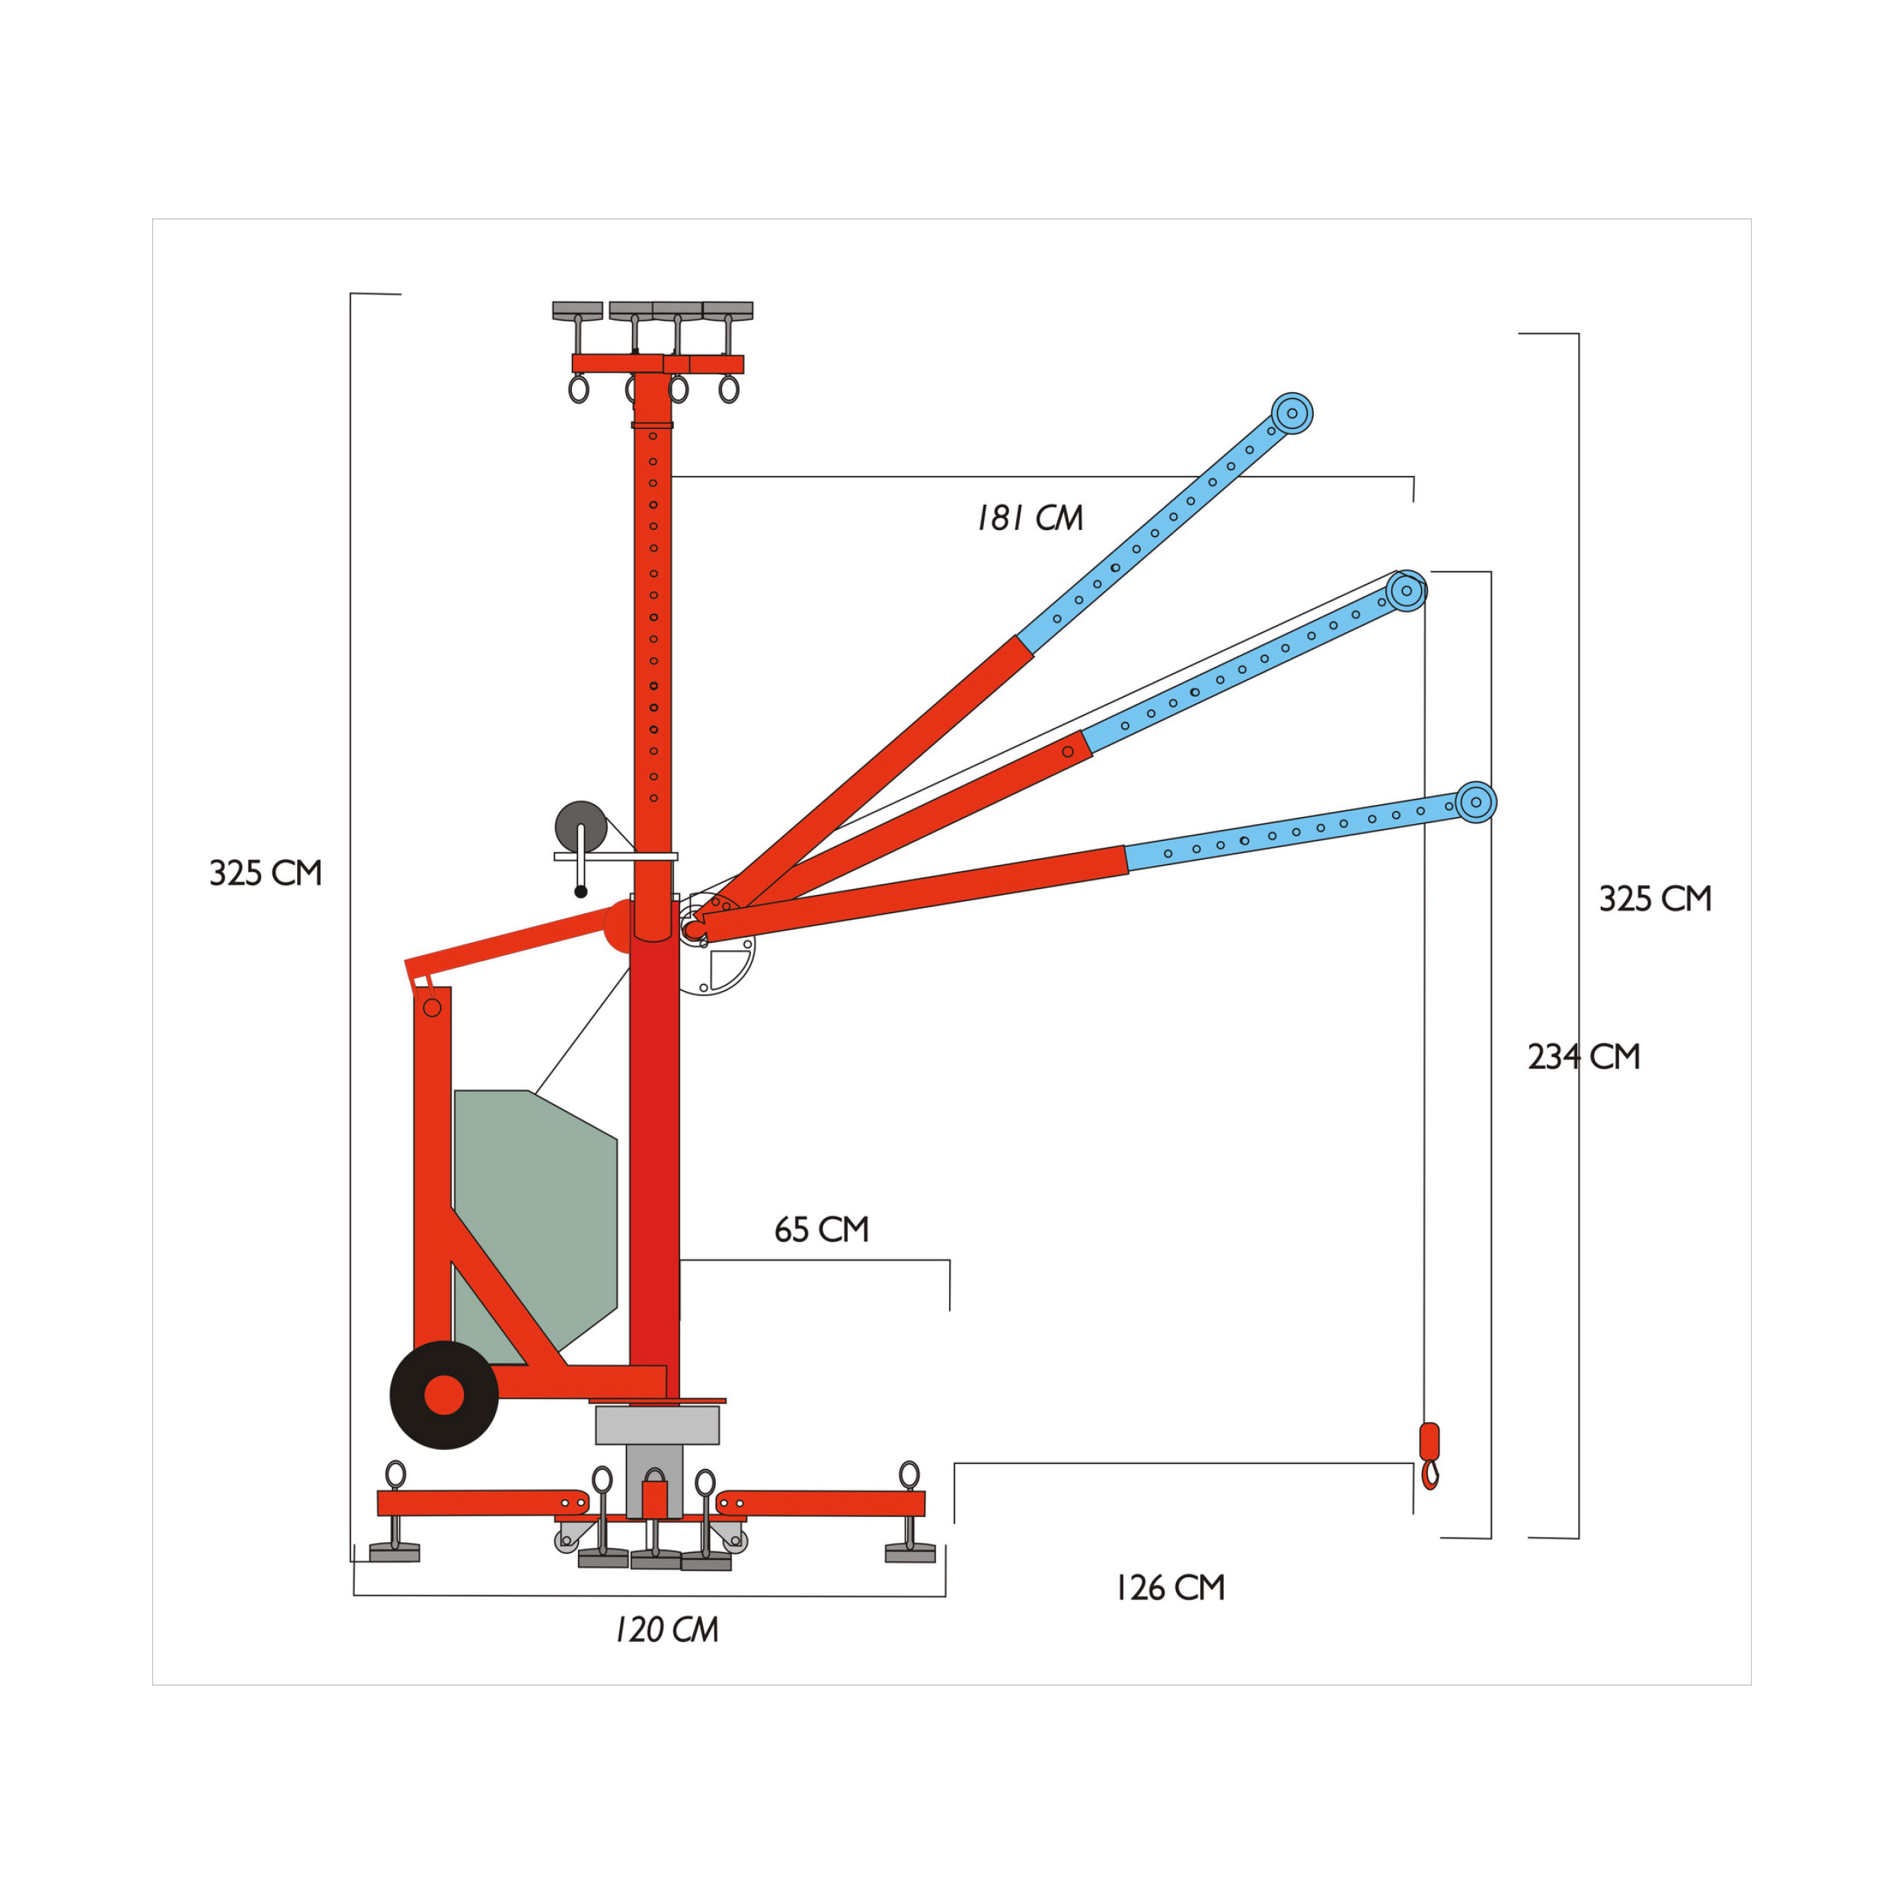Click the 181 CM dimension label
tap(1030, 519)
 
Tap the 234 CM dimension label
tap(1583, 1057)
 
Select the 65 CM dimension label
tap(822, 1230)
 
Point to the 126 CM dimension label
tap(1170, 1589)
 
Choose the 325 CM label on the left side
tap(266, 873)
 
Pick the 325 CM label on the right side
tap(1656, 899)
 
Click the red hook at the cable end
tap(1429, 1455)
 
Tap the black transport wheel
tap(445, 1394)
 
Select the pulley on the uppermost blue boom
tap(1292, 413)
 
